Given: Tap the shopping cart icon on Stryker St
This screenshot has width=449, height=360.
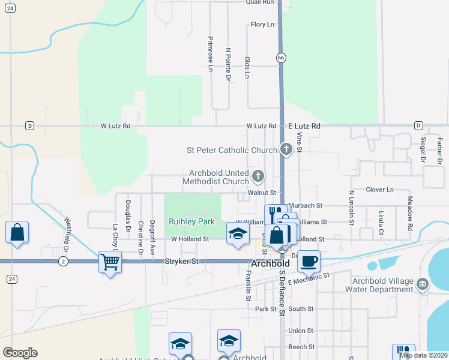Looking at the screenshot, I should (110, 262).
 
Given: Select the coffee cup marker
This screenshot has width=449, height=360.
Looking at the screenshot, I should (309, 261).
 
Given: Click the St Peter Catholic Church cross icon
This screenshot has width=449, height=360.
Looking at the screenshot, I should (286, 149).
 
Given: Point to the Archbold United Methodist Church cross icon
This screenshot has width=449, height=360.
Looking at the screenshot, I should (258, 176).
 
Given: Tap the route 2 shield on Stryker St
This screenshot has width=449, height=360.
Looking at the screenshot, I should (63, 262).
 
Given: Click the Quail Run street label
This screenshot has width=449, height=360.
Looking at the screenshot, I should (259, 2).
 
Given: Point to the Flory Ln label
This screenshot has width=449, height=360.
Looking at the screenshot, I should (262, 25).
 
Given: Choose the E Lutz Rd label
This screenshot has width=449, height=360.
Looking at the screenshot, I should (304, 126).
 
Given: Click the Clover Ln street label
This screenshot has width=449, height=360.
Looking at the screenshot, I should (379, 190).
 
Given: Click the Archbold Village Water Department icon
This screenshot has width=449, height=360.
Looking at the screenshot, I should (422, 283).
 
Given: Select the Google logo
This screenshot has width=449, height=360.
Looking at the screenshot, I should (20, 352).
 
